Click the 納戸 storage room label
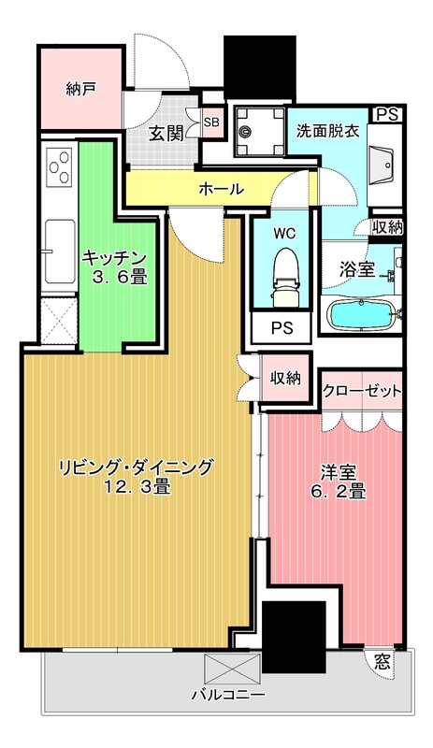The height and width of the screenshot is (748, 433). click(x=81, y=90)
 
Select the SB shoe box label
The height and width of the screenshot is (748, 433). click(x=211, y=122)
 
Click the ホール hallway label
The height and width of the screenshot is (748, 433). click(x=222, y=189)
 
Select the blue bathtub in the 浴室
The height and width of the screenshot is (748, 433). click(x=363, y=315)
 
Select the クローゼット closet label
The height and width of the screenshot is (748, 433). click(x=362, y=390)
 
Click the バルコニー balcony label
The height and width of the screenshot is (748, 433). click(x=228, y=695)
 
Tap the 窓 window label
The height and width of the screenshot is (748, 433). click(x=382, y=662)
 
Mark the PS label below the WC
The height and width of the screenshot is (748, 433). click(x=281, y=328)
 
